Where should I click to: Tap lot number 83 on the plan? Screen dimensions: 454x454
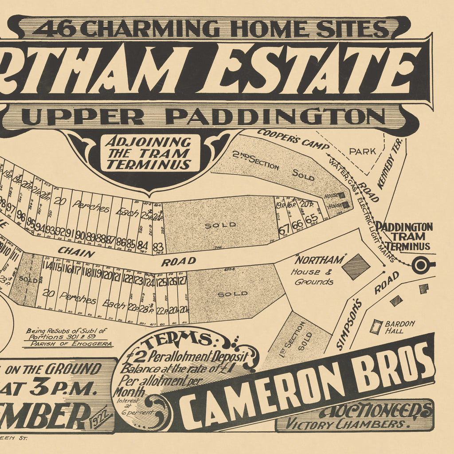[x=158, y=247]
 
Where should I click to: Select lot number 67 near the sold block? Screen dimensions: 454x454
[x=284, y=229]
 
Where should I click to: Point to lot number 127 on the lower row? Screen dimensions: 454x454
[x=183, y=281]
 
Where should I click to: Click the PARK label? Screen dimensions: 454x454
[x=362, y=151]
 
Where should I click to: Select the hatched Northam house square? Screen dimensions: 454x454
[x=356, y=266]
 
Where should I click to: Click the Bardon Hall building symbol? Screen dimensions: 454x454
[x=376, y=327]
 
